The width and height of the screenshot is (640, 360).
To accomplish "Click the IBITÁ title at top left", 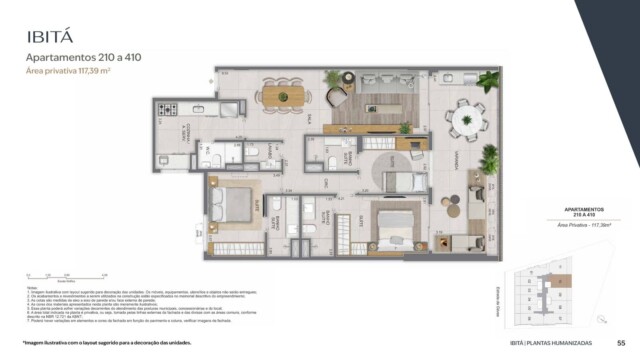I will pyautogui.click(x=53, y=37).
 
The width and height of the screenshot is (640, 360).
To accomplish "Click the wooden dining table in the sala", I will pyautogui.click(x=282, y=96).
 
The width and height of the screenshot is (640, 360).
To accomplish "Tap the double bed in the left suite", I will pyautogui.click(x=237, y=204).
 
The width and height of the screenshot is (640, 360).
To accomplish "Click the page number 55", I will pyautogui.click(x=621, y=343).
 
